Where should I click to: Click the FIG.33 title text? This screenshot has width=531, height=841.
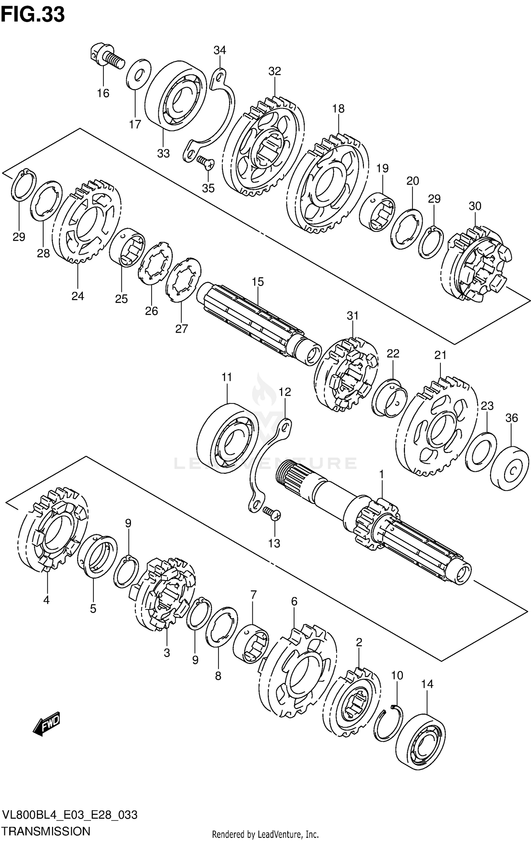[x=33, y=15]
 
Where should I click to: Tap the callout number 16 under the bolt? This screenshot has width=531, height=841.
[x=103, y=93]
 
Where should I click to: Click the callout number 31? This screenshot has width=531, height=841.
[x=353, y=315]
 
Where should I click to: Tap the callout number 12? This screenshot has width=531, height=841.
[x=285, y=391]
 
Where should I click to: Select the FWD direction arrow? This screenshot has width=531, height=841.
[x=47, y=727]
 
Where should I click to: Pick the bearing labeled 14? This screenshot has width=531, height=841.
[x=421, y=741]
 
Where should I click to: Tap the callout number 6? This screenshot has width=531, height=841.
[x=294, y=601]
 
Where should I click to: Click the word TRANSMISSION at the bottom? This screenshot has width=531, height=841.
[x=46, y=830]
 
